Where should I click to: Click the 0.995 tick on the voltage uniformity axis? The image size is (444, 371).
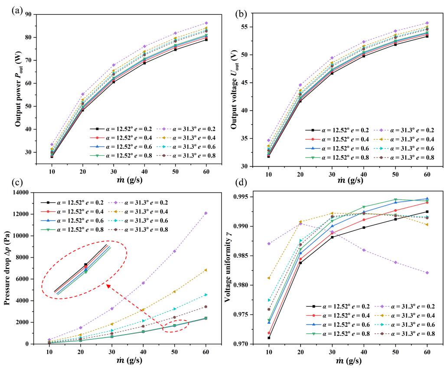click(248, 197)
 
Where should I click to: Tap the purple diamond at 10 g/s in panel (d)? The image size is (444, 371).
click(269, 243)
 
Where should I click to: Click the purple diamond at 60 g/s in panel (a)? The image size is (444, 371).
click(206, 23)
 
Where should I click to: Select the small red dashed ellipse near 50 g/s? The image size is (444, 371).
click(176, 326)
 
